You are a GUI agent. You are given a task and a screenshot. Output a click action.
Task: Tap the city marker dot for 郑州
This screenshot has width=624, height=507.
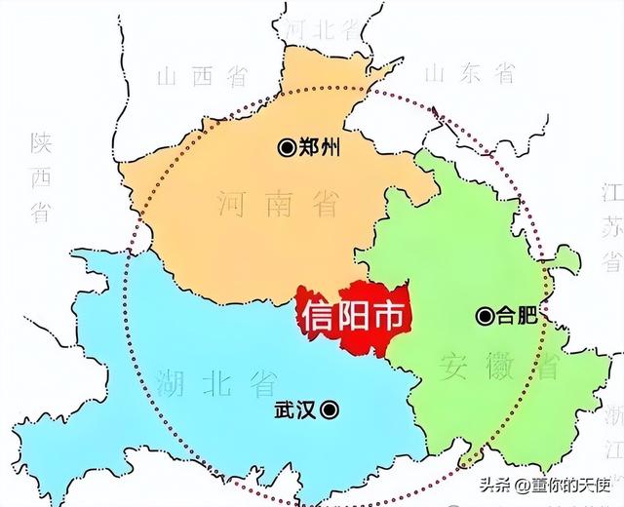(x=287, y=148)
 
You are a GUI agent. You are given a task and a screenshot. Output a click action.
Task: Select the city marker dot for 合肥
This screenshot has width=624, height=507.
(x=485, y=316)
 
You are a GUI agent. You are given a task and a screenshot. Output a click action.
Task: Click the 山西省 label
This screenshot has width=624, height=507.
(x=201, y=77)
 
